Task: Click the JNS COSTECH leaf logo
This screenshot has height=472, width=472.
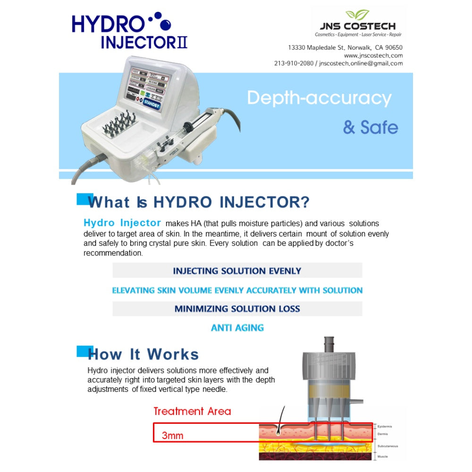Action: pyautogui.click(x=357, y=15)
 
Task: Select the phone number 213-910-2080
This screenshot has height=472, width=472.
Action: pyautogui.click(x=294, y=63)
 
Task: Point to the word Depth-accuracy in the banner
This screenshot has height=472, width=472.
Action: pyautogui.click(x=319, y=98)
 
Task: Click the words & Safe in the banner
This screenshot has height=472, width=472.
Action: pyautogui.click(x=371, y=127)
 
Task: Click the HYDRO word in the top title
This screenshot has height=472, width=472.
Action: pyautogui.click(x=108, y=24)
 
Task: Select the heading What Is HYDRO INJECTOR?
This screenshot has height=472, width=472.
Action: pyautogui.click(x=199, y=202)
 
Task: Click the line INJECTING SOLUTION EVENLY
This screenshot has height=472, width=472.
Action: pyautogui.click(x=237, y=271)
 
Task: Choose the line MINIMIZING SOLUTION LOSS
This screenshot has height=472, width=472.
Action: pyautogui.click(x=237, y=309)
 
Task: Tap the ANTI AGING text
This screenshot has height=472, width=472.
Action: pyautogui.click(x=237, y=328)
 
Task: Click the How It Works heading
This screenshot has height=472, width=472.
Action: pyautogui.click(x=143, y=354)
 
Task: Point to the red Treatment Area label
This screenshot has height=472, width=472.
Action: pyautogui.click(x=192, y=411)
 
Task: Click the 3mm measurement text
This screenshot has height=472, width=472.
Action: pyautogui.click(x=172, y=435)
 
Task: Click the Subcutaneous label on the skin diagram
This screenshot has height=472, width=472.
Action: pyautogui.click(x=388, y=446)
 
